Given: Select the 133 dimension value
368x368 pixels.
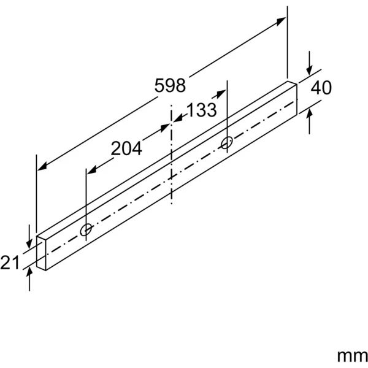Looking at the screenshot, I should pos(201,110).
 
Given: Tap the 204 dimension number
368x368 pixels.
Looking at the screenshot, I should pos(126,148).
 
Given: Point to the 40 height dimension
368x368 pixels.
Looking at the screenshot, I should pos(321,88).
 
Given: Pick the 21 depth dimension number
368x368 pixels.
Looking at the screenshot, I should pos(10,263).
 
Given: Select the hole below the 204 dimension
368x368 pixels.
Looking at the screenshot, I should pos(86,231).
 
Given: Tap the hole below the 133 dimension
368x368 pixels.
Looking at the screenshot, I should pos(226,144).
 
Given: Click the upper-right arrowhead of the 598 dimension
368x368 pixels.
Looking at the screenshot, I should pos(282,21).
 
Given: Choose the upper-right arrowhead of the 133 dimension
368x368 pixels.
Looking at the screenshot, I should pos(221,94).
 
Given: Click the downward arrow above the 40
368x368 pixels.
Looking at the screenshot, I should pos(310,69).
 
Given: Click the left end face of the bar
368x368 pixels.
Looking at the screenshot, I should pos(41,252).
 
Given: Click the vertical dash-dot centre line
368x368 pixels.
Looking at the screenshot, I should pos(171,159).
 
